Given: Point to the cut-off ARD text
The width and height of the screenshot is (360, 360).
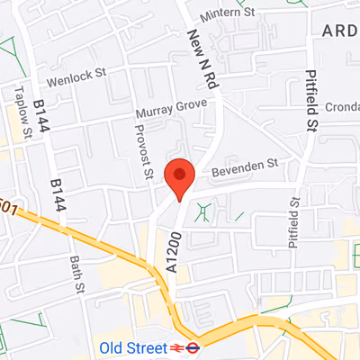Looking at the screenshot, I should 340,31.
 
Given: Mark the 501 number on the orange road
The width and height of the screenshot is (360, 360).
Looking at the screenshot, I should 8,207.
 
